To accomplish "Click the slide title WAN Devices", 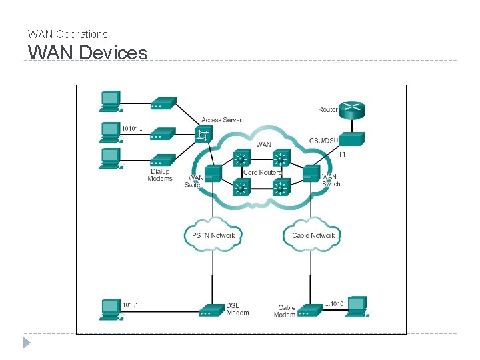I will [87, 52].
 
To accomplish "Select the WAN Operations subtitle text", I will [67, 34].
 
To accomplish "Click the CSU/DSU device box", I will [351, 139].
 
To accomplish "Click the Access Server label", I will [221, 120].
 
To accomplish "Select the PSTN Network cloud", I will [213, 235].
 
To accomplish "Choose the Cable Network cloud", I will [313, 235].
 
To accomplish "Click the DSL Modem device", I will [213, 310].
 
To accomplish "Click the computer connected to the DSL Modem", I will [110, 309].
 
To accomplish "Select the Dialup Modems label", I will [160, 175].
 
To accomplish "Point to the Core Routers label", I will [262, 172].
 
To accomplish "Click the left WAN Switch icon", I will [213, 174].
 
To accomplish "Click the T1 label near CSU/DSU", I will [342, 155].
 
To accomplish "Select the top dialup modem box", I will [163, 103].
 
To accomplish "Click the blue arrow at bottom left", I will [27, 343].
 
